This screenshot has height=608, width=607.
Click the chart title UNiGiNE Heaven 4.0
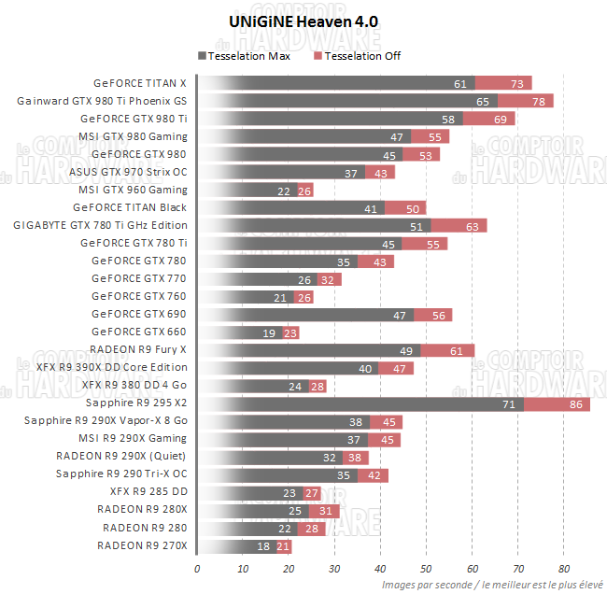303,20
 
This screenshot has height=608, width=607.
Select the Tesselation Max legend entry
248,56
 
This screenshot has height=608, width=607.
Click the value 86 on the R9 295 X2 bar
578,403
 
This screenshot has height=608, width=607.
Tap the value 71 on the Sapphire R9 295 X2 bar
509,403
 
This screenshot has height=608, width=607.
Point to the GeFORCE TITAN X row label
140,83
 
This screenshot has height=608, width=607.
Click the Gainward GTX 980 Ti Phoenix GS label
102,101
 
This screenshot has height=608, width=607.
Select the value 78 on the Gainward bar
538,101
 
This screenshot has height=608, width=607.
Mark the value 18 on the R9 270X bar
264,545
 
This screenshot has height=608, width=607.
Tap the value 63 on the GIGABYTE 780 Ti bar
473,225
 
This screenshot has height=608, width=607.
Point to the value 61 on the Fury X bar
456,350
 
